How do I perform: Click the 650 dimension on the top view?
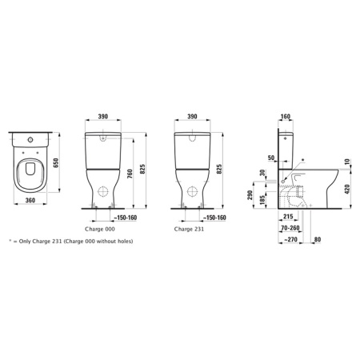(x=56, y=162)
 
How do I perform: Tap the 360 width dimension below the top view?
(x=30, y=200)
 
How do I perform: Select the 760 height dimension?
(x=130, y=174)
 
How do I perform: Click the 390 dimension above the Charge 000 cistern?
(x=103, y=116)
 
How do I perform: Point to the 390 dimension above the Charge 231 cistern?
(x=192, y=116)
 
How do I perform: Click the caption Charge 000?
(x=100, y=229)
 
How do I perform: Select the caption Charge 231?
(x=189, y=229)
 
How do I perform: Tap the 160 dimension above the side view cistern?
(x=286, y=117)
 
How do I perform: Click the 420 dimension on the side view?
(x=347, y=189)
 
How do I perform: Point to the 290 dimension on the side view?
(x=250, y=195)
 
